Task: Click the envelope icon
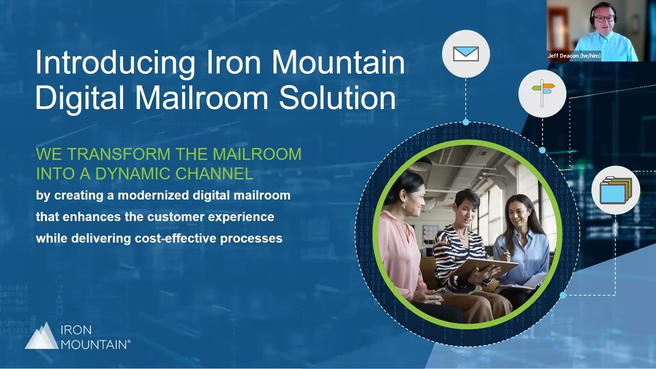[x=466, y=54]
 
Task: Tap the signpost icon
[x=542, y=93]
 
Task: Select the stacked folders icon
[x=616, y=190]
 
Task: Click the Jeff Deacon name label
[x=574, y=56]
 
